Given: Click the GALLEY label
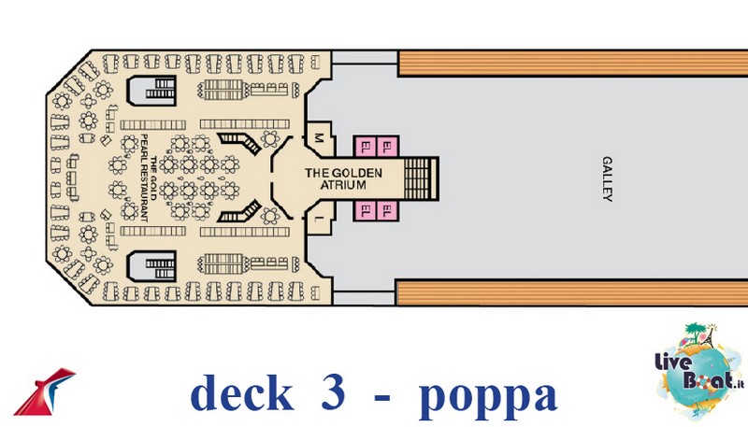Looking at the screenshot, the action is click(x=607, y=179).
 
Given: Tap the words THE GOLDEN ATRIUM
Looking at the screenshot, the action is click(x=343, y=178).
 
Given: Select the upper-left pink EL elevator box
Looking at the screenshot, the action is click(x=366, y=147).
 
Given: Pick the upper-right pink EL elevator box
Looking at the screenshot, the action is click(x=387, y=147).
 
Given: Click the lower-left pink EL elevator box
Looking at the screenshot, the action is click(x=366, y=210).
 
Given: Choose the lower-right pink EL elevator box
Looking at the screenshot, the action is click(x=387, y=210).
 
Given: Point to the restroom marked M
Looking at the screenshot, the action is click(x=319, y=138).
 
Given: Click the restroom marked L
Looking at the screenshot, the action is click(x=319, y=219).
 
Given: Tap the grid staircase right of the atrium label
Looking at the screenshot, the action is click(x=421, y=178).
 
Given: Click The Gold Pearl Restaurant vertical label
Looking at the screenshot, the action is click(x=149, y=178).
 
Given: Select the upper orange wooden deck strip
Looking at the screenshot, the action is click(x=572, y=63).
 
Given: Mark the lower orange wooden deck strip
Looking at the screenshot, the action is click(x=572, y=292).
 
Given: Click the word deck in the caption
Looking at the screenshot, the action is click(x=242, y=393).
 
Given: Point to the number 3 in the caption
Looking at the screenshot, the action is click(x=333, y=391).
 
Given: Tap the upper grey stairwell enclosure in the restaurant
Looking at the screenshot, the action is click(x=151, y=90).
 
